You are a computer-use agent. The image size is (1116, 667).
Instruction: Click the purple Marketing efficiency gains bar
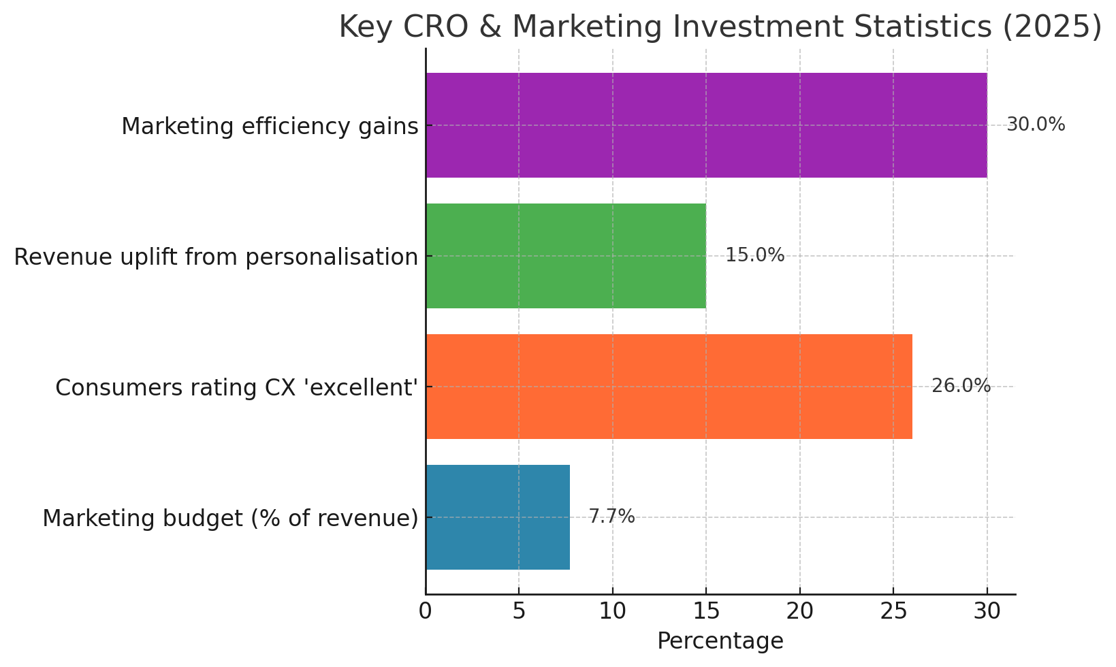coord(706,125)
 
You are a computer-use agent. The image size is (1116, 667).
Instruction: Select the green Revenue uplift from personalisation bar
coord(566,256)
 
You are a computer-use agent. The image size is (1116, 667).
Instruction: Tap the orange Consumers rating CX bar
coord(669,387)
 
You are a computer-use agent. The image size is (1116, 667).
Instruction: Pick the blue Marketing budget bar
coord(498,517)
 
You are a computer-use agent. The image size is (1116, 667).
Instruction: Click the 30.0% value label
coord(1035,125)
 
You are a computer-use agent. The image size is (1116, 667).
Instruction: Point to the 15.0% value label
coord(754,256)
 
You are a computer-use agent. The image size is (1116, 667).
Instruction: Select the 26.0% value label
coord(961,387)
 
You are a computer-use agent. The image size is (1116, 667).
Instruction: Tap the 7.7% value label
coord(611,517)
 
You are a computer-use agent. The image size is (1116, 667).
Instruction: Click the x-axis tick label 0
coord(426,612)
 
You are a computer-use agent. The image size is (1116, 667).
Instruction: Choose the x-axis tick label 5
coord(519,612)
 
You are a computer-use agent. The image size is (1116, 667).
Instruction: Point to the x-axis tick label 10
coord(613,612)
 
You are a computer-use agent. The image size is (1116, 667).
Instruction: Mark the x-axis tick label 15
coord(706,612)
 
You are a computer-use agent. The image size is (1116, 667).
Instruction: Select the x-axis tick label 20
coord(800,612)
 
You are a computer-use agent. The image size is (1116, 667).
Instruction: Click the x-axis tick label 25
coord(893,612)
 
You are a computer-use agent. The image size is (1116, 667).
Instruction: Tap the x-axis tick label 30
coord(987,612)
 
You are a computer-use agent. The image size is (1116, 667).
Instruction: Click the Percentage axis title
coord(720,641)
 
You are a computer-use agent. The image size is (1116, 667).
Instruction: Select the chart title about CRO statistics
coord(720,27)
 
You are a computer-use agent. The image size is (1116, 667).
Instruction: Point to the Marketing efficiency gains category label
coord(270,127)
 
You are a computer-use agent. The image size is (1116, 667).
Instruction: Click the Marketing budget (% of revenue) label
coord(230,519)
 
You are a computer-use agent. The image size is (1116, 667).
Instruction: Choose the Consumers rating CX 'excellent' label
coord(236,388)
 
